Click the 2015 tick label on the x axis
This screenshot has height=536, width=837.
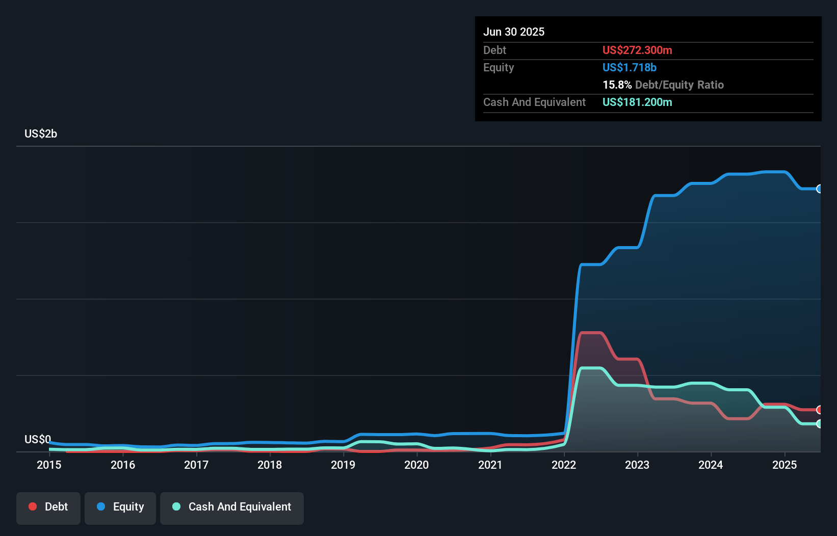49,465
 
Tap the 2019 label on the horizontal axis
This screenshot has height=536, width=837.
343,465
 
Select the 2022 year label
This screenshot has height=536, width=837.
564,465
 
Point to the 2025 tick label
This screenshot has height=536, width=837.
784,465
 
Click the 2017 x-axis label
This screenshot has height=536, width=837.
196,465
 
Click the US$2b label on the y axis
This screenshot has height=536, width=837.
41,134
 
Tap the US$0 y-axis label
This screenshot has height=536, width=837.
38,439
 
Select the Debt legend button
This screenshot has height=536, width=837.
48,507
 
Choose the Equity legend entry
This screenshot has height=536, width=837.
120,507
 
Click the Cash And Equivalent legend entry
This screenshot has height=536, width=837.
232,507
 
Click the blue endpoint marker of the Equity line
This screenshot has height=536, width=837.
819,189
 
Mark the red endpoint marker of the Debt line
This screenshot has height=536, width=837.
819,410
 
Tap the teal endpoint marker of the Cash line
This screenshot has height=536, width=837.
819,423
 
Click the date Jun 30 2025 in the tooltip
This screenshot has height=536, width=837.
514,32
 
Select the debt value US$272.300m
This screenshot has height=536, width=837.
637,50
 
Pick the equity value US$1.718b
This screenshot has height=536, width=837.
630,67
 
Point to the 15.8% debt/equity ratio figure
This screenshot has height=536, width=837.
617,85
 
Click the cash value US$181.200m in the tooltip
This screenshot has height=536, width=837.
637,102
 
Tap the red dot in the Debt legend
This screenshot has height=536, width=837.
33,506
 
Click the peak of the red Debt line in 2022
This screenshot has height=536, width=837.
591,333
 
